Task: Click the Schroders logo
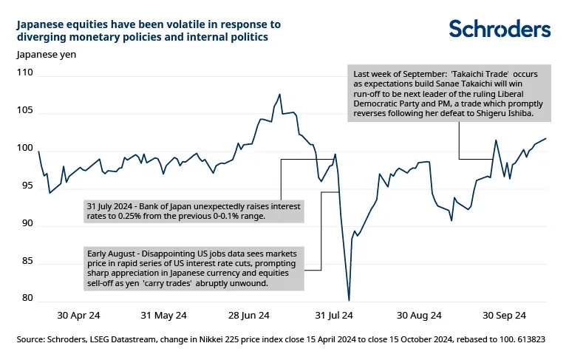(x=500, y=29)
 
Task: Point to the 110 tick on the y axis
(x=24, y=73)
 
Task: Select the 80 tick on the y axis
(x=27, y=299)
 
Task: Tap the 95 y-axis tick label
(x=27, y=186)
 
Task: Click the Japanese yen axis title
(x=46, y=53)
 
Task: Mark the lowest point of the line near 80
(x=349, y=299)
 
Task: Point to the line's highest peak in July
(x=280, y=95)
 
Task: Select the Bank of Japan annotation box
(x=193, y=211)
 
